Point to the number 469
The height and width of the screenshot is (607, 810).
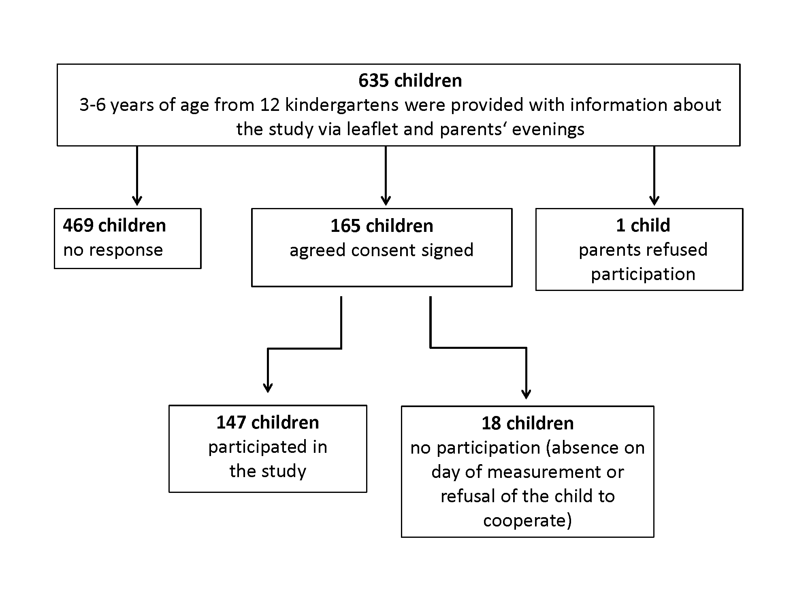(79, 225)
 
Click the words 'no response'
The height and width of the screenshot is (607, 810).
(113, 250)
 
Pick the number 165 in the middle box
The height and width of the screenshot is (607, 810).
(346, 226)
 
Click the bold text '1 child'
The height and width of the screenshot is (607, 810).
(643, 225)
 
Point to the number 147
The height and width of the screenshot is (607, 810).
(232, 422)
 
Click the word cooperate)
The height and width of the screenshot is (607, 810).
(527, 520)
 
